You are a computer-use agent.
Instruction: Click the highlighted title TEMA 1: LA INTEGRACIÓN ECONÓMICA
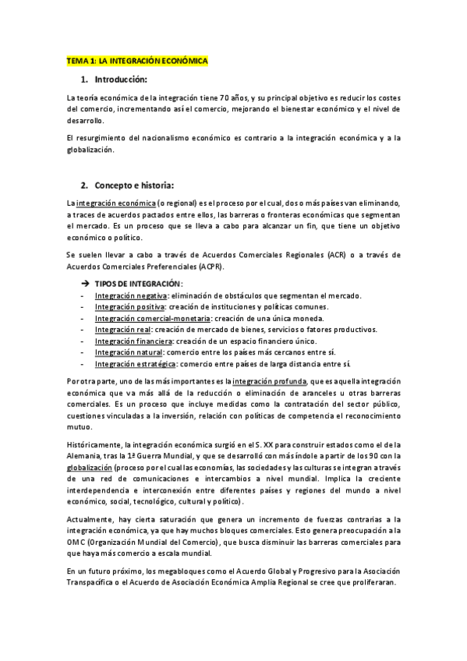point(138,60)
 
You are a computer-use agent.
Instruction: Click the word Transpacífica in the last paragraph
point(92,583)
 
